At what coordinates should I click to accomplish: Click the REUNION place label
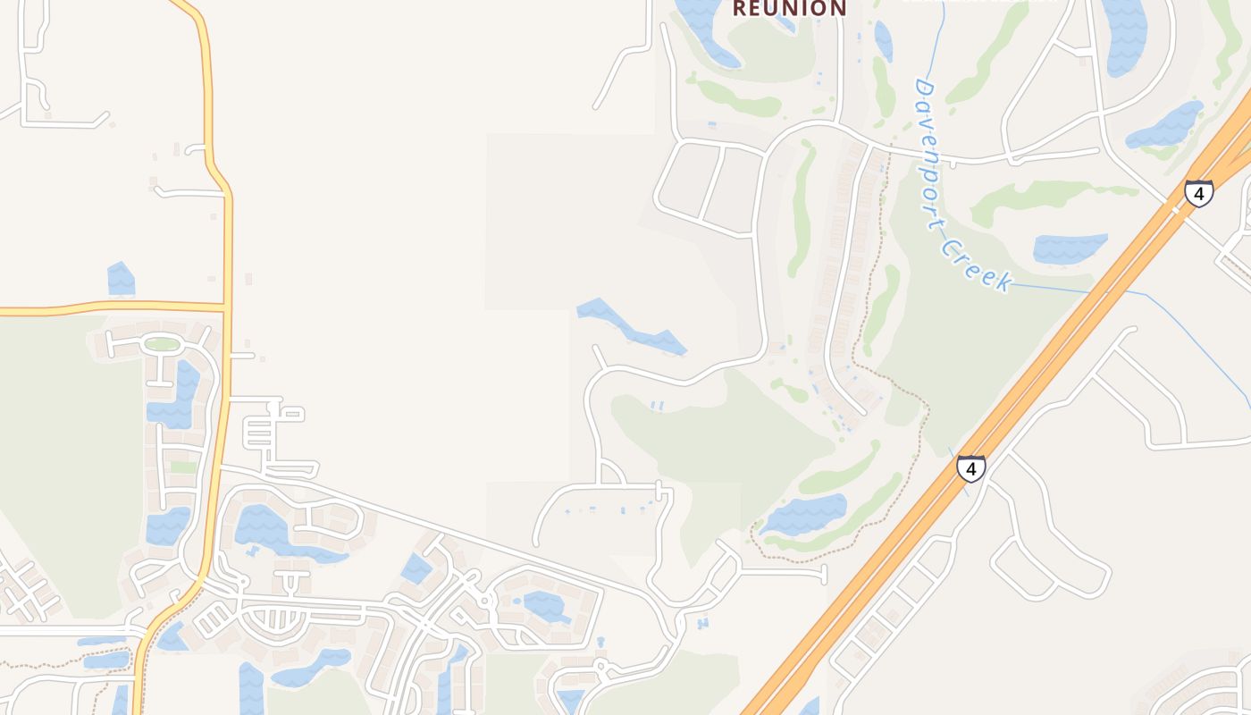[x=789, y=9]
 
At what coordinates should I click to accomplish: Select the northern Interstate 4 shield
[x=1198, y=193]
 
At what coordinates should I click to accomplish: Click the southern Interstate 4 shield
[x=970, y=467]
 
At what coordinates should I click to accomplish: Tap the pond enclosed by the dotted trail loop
[x=803, y=515]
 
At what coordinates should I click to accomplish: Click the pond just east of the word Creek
[x=1069, y=248]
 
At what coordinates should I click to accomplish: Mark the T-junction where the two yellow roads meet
[x=224, y=307]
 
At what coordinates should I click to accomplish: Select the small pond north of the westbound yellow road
[x=121, y=279]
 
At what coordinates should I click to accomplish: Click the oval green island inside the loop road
[x=162, y=344]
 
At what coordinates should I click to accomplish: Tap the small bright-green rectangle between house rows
[x=183, y=467]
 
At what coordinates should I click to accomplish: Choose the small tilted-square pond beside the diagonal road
[x=416, y=569]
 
